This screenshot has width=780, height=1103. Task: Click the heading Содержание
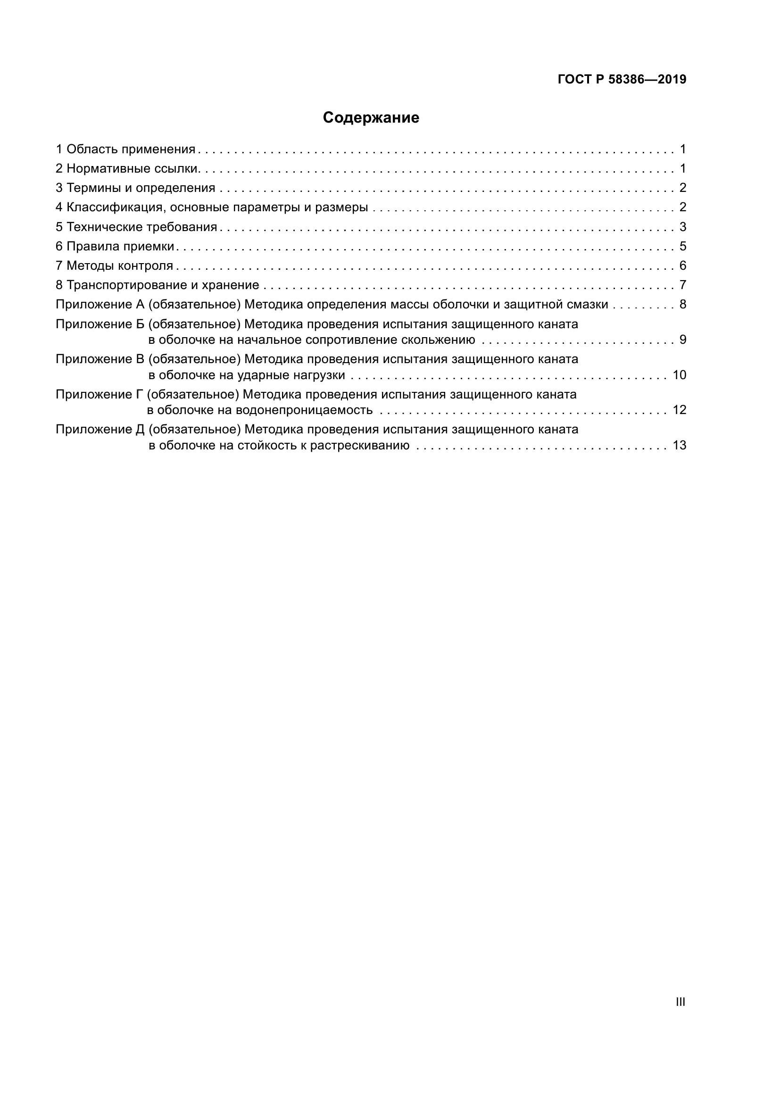click(x=371, y=118)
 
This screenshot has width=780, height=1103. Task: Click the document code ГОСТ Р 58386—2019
click(x=622, y=80)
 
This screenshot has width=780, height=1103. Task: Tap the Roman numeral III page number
click(x=680, y=1002)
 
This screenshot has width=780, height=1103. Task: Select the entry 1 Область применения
click(x=126, y=149)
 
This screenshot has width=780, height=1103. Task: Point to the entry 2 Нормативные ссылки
click(x=128, y=169)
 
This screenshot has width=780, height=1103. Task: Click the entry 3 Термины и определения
click(x=135, y=188)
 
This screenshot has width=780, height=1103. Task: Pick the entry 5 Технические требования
click(x=136, y=227)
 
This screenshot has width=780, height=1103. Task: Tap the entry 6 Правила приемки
click(x=115, y=247)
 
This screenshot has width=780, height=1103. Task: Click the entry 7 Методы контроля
click(x=114, y=265)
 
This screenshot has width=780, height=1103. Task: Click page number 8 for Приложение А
click(x=682, y=305)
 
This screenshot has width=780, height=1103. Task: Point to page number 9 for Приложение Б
click(x=682, y=340)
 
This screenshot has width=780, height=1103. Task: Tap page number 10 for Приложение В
click(x=679, y=375)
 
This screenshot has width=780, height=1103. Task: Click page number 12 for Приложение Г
click(x=679, y=410)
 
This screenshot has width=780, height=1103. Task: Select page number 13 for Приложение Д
click(x=679, y=445)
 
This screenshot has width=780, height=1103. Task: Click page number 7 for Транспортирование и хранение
click(x=682, y=285)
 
